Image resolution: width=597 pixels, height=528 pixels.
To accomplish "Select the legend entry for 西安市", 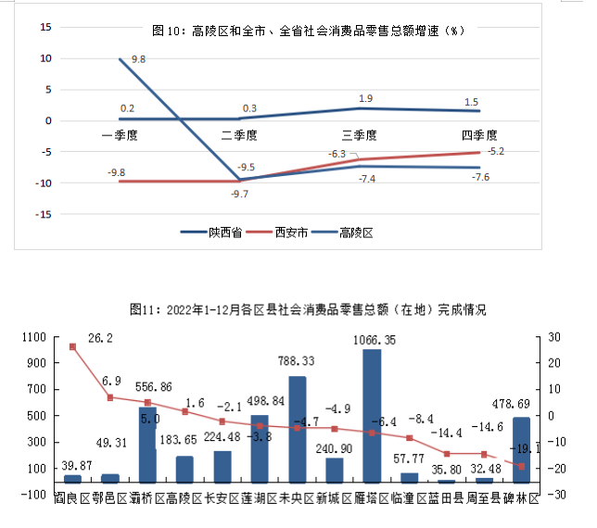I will tap(286, 233).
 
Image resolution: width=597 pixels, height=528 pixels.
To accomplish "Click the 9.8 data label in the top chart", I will tap(139, 59).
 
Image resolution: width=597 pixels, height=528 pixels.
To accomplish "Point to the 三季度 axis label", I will tap(362, 134).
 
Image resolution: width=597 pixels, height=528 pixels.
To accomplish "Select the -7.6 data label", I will tap(481, 178).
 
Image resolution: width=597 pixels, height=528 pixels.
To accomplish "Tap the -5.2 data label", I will tap(495, 151).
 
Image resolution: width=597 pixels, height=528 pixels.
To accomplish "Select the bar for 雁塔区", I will tap(371, 415).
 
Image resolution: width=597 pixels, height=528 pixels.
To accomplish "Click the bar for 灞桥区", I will tap(147, 445).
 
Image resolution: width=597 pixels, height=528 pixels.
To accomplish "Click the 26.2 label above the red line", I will tap(100, 339).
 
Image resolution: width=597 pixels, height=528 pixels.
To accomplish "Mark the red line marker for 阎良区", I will tap(72, 346).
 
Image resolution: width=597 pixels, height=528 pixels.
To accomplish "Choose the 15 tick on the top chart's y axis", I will tap(44, 27).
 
